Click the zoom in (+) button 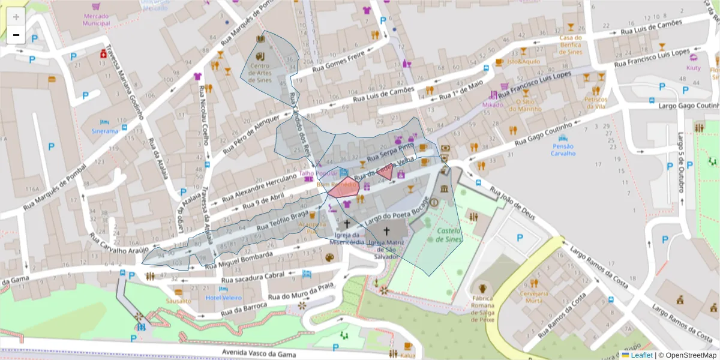pos(16,17)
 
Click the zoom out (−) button pos(16,35)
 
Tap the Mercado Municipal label pos(97,19)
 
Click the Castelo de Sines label pos(449,235)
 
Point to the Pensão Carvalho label pos(563,149)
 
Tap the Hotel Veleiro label pos(223,298)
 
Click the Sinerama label pos(105,131)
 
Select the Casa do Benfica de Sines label pos(571,44)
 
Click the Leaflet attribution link pos(641,355)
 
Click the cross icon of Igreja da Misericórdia pos(347,223)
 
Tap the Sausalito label pos(178,301)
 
